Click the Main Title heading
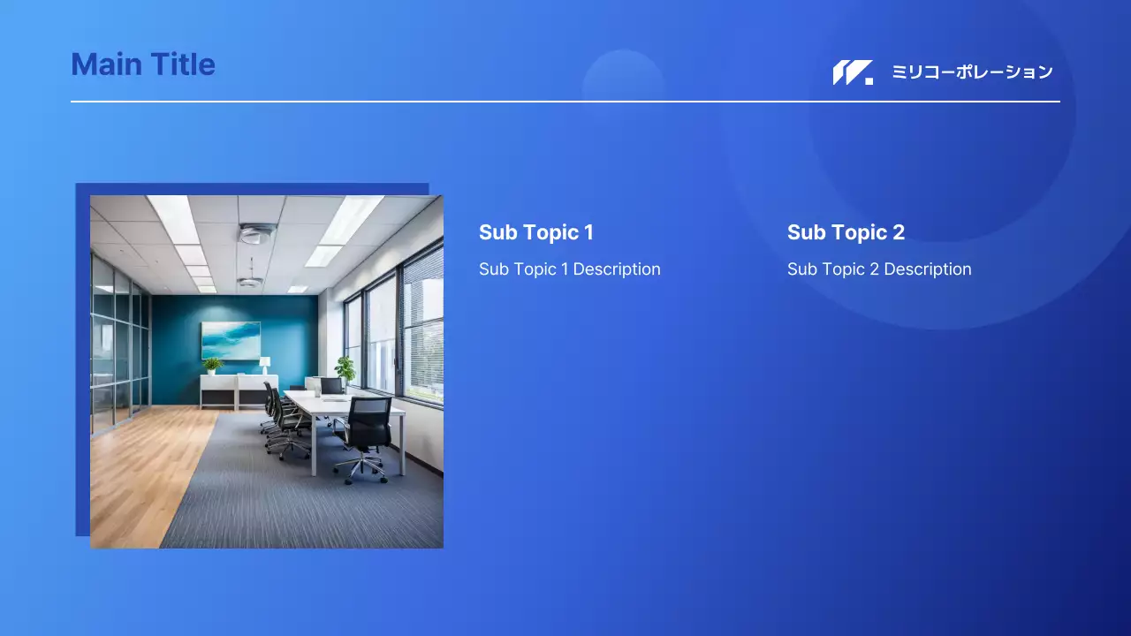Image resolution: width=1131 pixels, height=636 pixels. [143, 64]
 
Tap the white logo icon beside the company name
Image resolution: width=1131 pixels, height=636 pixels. [853, 72]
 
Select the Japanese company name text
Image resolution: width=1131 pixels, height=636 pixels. [973, 72]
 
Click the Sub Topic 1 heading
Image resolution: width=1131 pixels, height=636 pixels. [536, 232]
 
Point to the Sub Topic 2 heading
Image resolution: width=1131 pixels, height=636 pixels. [846, 232]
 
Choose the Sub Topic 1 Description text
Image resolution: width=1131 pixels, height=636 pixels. [570, 269]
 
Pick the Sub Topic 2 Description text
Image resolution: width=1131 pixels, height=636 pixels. [879, 269]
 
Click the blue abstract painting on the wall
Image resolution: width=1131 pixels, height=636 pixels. [231, 341]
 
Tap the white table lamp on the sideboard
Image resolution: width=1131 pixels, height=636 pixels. [264, 365]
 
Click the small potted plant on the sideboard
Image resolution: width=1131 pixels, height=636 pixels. [212, 366]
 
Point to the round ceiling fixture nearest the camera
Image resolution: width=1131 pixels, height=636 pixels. [257, 233]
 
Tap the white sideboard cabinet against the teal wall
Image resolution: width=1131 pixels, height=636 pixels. [239, 391]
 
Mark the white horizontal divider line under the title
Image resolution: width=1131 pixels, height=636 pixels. [565, 102]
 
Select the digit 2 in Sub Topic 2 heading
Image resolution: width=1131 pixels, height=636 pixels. [899, 232]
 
